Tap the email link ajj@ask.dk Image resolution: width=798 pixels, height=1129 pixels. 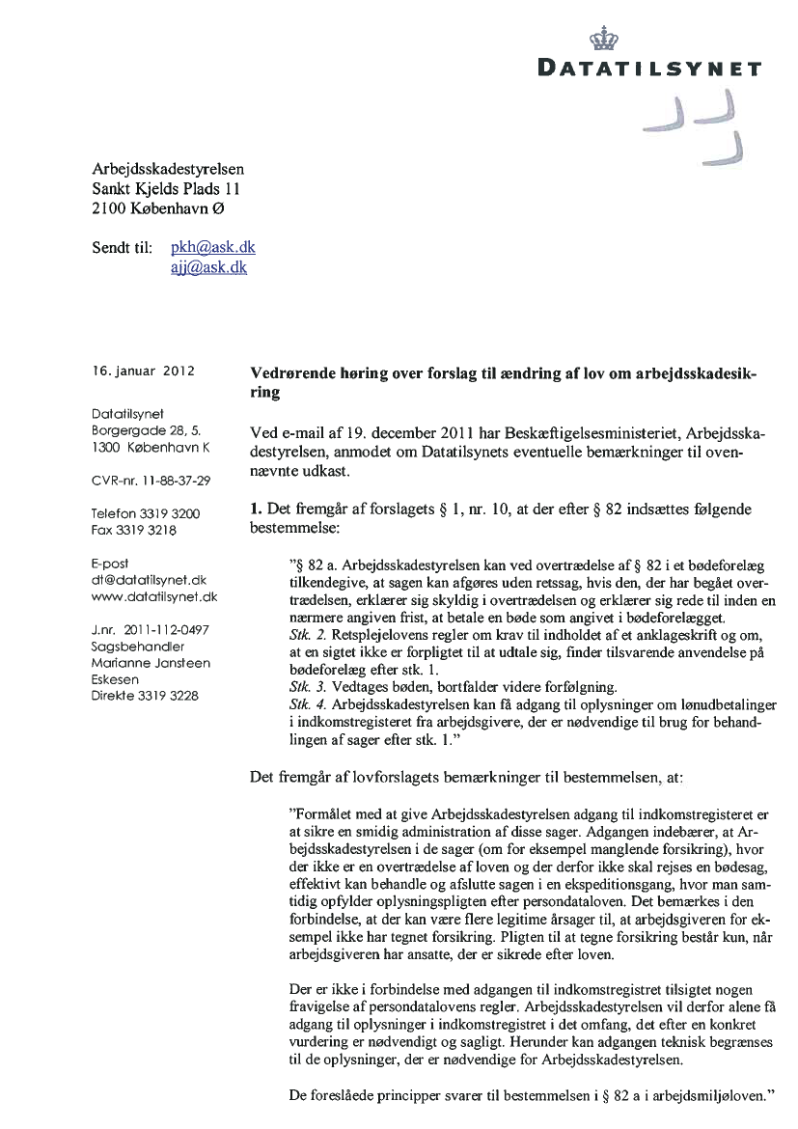coord(208,267)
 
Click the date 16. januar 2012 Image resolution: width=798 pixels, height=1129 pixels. coord(144,370)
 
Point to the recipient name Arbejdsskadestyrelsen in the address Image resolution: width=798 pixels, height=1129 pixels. coord(175,168)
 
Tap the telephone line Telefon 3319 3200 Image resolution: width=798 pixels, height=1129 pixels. coord(146,513)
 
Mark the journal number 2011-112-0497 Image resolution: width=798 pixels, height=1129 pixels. coord(151,630)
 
